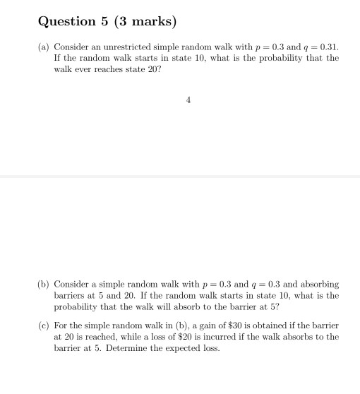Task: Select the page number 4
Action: pyautogui.click(x=188, y=100)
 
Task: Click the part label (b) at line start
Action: pyautogui.click(x=44, y=284)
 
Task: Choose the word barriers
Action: pyautogui.click(x=69, y=296)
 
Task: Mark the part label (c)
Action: pyautogui.click(x=44, y=326)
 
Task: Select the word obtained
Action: pyautogui.click(x=266, y=326)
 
